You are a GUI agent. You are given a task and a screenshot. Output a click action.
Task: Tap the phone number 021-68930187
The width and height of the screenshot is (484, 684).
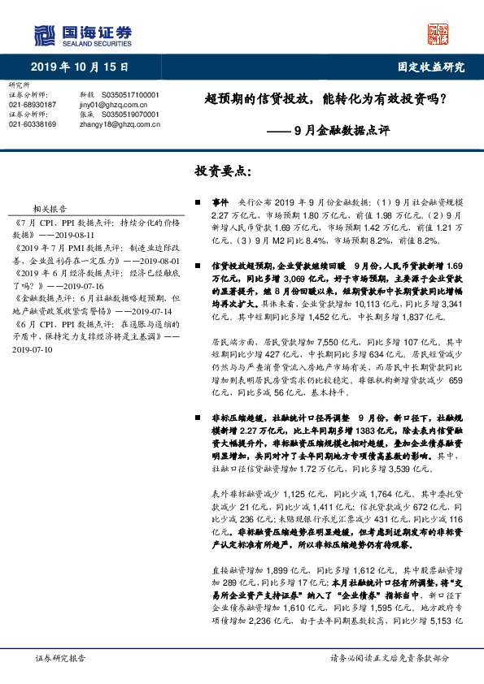(x=33, y=105)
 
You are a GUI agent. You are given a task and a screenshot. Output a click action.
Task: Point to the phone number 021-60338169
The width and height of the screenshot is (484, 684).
(x=33, y=124)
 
